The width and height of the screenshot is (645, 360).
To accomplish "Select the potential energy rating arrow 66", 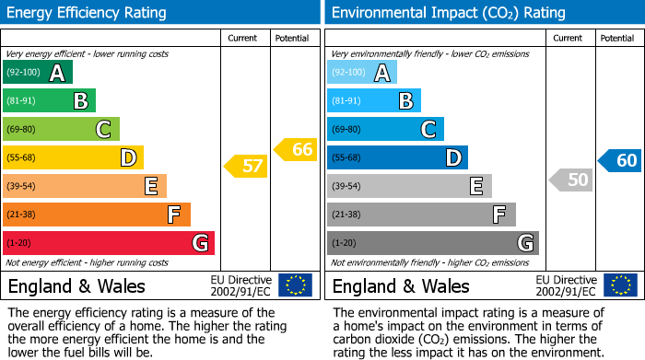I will [x=296, y=149].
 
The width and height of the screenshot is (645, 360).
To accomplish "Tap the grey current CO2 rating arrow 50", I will [x=570, y=180].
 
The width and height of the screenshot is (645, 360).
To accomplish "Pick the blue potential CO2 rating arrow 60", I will [x=620, y=160].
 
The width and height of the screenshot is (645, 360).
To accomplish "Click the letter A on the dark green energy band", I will [x=57, y=74].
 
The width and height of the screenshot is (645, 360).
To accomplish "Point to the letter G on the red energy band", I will [x=199, y=244].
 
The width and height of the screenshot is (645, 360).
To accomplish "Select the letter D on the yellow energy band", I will [x=129, y=158].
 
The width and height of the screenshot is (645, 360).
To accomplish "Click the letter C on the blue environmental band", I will [x=428, y=130].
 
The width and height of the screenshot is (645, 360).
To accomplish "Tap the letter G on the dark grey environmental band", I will [x=524, y=244].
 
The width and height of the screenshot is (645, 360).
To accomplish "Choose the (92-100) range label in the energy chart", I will [x=23, y=73].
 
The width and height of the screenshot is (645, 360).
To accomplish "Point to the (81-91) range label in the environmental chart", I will [x=347, y=101].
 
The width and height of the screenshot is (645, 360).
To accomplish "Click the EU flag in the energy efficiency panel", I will [x=295, y=285].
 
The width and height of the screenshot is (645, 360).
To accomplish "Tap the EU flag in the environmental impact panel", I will [x=620, y=285].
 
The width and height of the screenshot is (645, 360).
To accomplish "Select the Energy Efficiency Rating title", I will [x=88, y=13].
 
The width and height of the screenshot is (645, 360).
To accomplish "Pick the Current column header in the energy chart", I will [x=242, y=39].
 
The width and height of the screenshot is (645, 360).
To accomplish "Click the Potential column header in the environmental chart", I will [x=616, y=39].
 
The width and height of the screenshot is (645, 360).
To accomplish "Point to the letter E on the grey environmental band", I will [x=476, y=187].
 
